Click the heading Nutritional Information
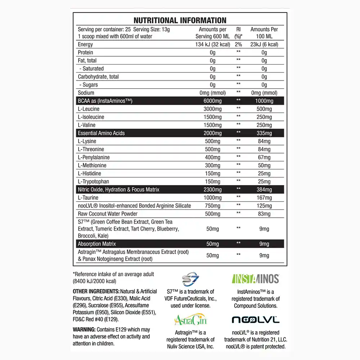[x=180, y=20]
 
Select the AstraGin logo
[x=190, y=319]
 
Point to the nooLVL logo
[x=256, y=319]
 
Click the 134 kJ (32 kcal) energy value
[x=212, y=45]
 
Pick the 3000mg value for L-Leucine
[x=212, y=109]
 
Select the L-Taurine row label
[x=88, y=198]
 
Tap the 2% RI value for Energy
[x=238, y=45]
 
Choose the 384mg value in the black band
[x=264, y=190]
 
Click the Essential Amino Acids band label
[x=101, y=133]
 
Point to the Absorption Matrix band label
[x=97, y=244]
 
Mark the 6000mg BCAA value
[x=212, y=101]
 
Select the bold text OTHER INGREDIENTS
[x=96, y=291]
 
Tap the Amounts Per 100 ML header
[x=264, y=33]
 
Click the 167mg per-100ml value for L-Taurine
[x=264, y=198]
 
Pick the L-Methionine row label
[x=92, y=166]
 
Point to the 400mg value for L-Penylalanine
[x=212, y=157]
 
